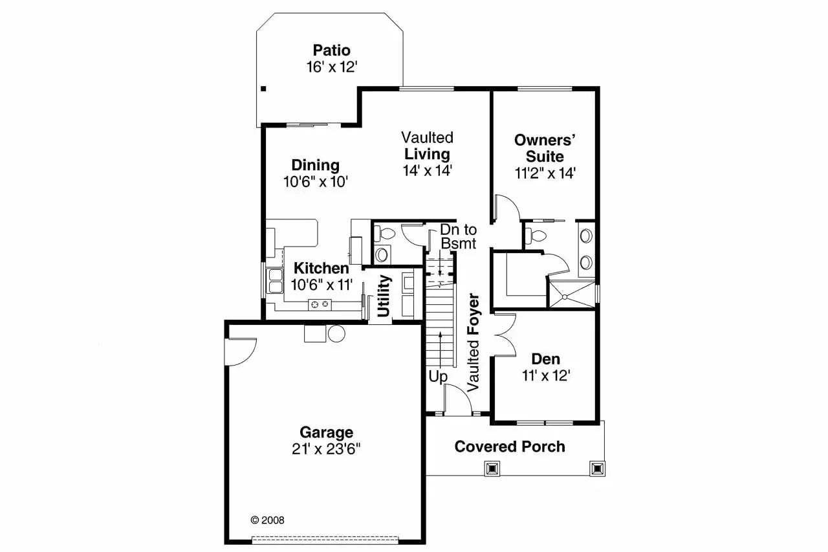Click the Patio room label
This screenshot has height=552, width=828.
pyautogui.click(x=331, y=50)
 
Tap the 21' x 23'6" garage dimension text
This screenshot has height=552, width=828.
pyautogui.click(x=326, y=448)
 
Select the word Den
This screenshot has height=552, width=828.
pyautogui.click(x=545, y=359)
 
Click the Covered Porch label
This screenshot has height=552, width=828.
pyautogui.click(x=509, y=447)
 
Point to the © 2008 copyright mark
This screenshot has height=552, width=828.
pyautogui.click(x=267, y=520)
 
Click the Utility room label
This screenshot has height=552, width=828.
pyautogui.click(x=384, y=296)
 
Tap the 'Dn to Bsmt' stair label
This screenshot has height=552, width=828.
pyautogui.click(x=458, y=236)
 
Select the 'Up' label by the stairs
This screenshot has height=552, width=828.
pyautogui.click(x=438, y=376)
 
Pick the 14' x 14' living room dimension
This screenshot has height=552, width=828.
pyautogui.click(x=427, y=171)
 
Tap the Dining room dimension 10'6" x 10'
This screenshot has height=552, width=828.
pyautogui.click(x=316, y=182)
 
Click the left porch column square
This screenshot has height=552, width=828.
pyautogui.click(x=492, y=468)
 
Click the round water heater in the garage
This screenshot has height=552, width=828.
pyautogui.click(x=336, y=333)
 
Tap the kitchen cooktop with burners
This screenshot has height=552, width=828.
pyautogui.click(x=319, y=304)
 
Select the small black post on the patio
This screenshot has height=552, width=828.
pyautogui.click(x=263, y=89)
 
